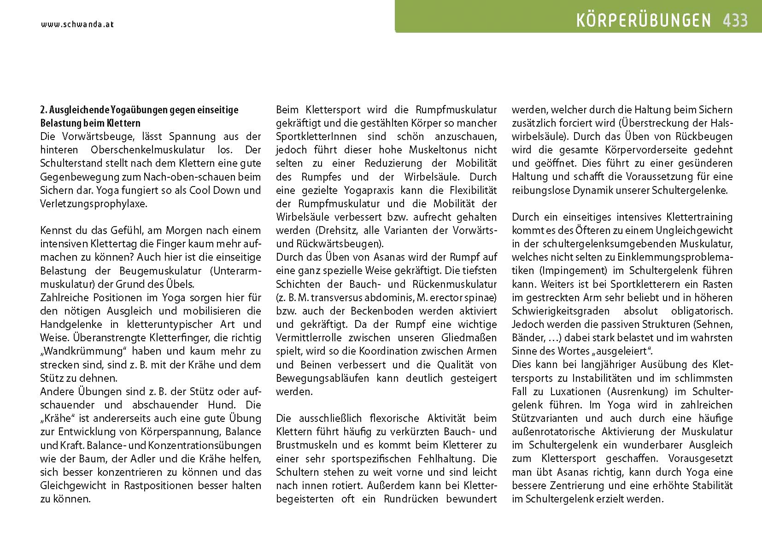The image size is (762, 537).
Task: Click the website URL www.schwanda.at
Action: pyautogui.click(x=77, y=24)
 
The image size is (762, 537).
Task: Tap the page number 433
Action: pyautogui.click(x=735, y=20)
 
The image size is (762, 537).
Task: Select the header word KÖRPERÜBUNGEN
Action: pyautogui.click(x=644, y=20)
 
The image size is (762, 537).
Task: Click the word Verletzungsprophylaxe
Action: pyautogui.click(x=94, y=204)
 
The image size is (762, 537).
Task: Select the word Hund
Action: pyautogui.click(x=224, y=405)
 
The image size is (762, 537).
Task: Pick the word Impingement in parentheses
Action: pyautogui.click(x=571, y=271)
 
